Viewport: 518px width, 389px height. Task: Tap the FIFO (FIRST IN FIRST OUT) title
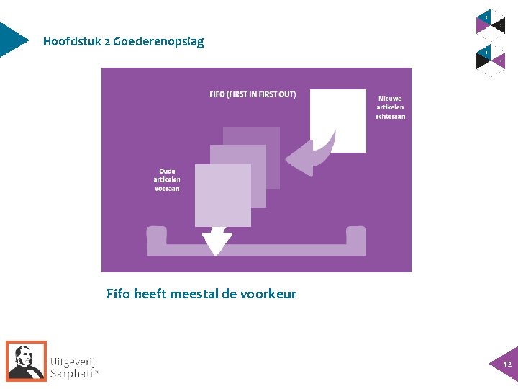click(253, 94)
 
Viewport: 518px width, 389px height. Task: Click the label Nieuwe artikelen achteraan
click(390, 107)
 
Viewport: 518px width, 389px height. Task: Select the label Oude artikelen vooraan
click(167, 179)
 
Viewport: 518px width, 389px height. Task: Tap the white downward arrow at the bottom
click(216, 242)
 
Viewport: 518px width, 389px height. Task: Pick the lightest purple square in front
click(222, 195)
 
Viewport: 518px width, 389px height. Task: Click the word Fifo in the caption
click(119, 294)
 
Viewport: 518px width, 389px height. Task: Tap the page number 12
click(507, 365)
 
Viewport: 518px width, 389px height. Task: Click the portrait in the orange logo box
click(26, 359)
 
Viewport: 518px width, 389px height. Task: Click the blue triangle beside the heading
click(12, 40)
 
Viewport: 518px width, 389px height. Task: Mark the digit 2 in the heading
click(106, 42)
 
